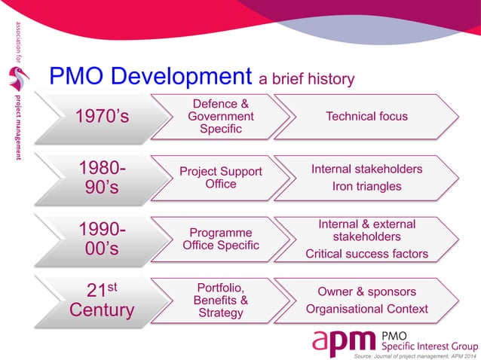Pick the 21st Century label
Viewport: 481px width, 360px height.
click(101, 299)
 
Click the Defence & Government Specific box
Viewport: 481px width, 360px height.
click(221, 117)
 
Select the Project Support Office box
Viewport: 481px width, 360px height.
click(221, 178)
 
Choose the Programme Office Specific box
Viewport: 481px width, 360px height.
click(221, 239)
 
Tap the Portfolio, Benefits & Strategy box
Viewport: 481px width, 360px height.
click(221, 299)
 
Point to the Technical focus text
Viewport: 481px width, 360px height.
click(366, 117)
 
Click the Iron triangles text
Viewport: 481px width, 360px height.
click(366, 186)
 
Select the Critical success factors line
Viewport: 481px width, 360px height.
click(366, 254)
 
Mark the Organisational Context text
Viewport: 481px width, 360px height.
click(366, 309)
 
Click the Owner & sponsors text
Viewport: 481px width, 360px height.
click(366, 291)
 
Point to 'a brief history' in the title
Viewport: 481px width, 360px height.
click(306, 78)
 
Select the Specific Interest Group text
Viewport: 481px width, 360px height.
click(430, 346)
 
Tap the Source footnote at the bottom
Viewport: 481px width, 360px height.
click(415, 356)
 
